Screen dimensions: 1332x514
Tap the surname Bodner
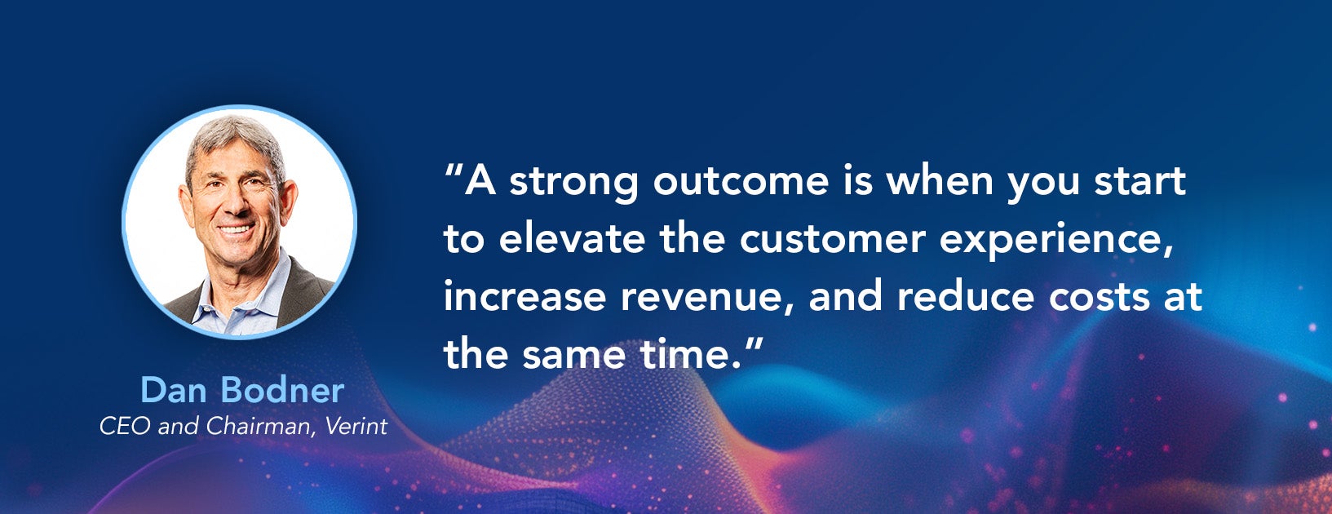pyautogui.click(x=282, y=390)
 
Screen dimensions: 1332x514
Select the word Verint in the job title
pyautogui.click(x=356, y=426)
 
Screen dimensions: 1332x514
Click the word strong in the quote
pyautogui.click(x=574, y=182)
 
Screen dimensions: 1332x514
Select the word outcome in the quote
pyautogui.click(x=741, y=181)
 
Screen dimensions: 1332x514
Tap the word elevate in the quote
pyautogui.click(x=572, y=238)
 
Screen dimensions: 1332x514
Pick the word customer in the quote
pyautogui.click(x=833, y=239)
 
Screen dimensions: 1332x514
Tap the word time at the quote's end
pyautogui.click(x=691, y=353)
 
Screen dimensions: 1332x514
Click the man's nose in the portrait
pyautogui.click(x=237, y=202)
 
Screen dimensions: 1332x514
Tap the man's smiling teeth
pyautogui.click(x=236, y=229)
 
